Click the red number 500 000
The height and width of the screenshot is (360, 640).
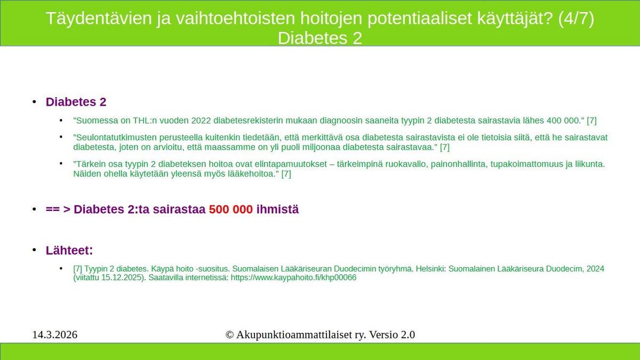tap(231, 209)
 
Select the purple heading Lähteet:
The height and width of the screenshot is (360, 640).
tap(69, 250)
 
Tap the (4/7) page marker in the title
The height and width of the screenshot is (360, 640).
tap(575, 18)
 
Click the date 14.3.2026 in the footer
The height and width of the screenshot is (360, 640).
tap(55, 334)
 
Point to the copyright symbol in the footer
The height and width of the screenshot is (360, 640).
tap(229, 334)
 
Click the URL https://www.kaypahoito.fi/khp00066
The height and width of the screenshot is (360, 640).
tap(293, 277)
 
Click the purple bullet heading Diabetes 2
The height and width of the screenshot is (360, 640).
tap(76, 102)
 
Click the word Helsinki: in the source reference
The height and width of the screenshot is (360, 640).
tap(430, 269)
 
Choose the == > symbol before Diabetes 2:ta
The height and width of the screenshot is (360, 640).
tap(58, 209)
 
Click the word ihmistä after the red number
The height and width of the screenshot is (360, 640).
tap(277, 209)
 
